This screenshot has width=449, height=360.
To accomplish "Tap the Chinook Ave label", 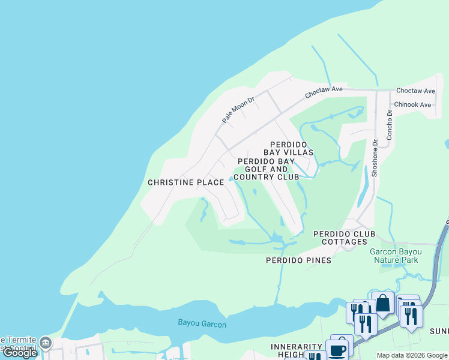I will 413,104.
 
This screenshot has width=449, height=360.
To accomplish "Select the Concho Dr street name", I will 389,125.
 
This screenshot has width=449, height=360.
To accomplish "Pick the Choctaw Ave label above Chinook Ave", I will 415,91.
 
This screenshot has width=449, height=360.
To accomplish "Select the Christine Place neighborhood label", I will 185,182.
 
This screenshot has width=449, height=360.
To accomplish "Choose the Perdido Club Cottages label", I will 344,238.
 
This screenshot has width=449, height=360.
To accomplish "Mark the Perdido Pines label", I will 298,260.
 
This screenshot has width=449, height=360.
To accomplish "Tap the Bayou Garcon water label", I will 202,323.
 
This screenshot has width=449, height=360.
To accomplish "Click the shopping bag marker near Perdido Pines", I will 382,304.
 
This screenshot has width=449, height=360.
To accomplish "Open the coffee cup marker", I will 337,350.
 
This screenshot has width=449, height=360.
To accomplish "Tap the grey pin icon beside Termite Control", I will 46,344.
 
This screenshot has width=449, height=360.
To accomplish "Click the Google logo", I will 20,353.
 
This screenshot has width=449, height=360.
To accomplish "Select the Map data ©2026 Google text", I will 412,355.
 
